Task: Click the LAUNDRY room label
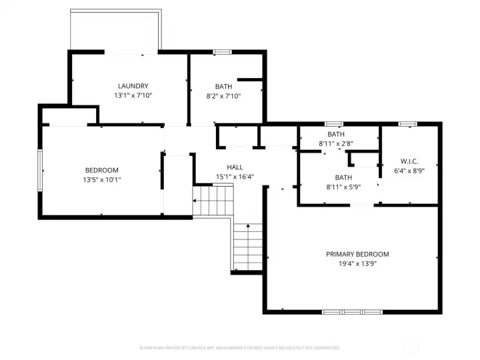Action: pos(133,86)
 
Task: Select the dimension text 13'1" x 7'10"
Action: pos(133,96)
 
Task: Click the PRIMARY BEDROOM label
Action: pos(357,254)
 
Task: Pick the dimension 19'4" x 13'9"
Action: pos(357,264)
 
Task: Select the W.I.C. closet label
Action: pos(409,161)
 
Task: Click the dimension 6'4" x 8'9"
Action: pos(409,171)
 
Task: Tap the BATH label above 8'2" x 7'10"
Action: pos(223,87)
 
